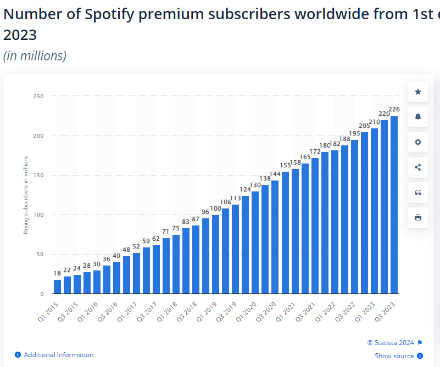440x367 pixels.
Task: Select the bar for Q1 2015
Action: tap(58, 286)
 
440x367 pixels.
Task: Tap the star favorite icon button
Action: tap(417, 92)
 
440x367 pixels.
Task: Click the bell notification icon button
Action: tap(417, 117)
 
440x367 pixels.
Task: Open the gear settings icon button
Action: tap(417, 142)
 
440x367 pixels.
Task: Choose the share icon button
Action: tap(417, 167)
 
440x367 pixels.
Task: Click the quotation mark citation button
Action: tap(417, 193)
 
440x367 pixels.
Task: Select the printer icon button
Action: tap(417, 218)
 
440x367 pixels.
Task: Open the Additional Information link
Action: tap(58, 355)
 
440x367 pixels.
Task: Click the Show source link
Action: tap(394, 356)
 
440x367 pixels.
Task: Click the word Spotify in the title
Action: tap(112, 14)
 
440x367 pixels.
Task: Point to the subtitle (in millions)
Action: tap(35, 55)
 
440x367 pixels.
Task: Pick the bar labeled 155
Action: tap(285, 233)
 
